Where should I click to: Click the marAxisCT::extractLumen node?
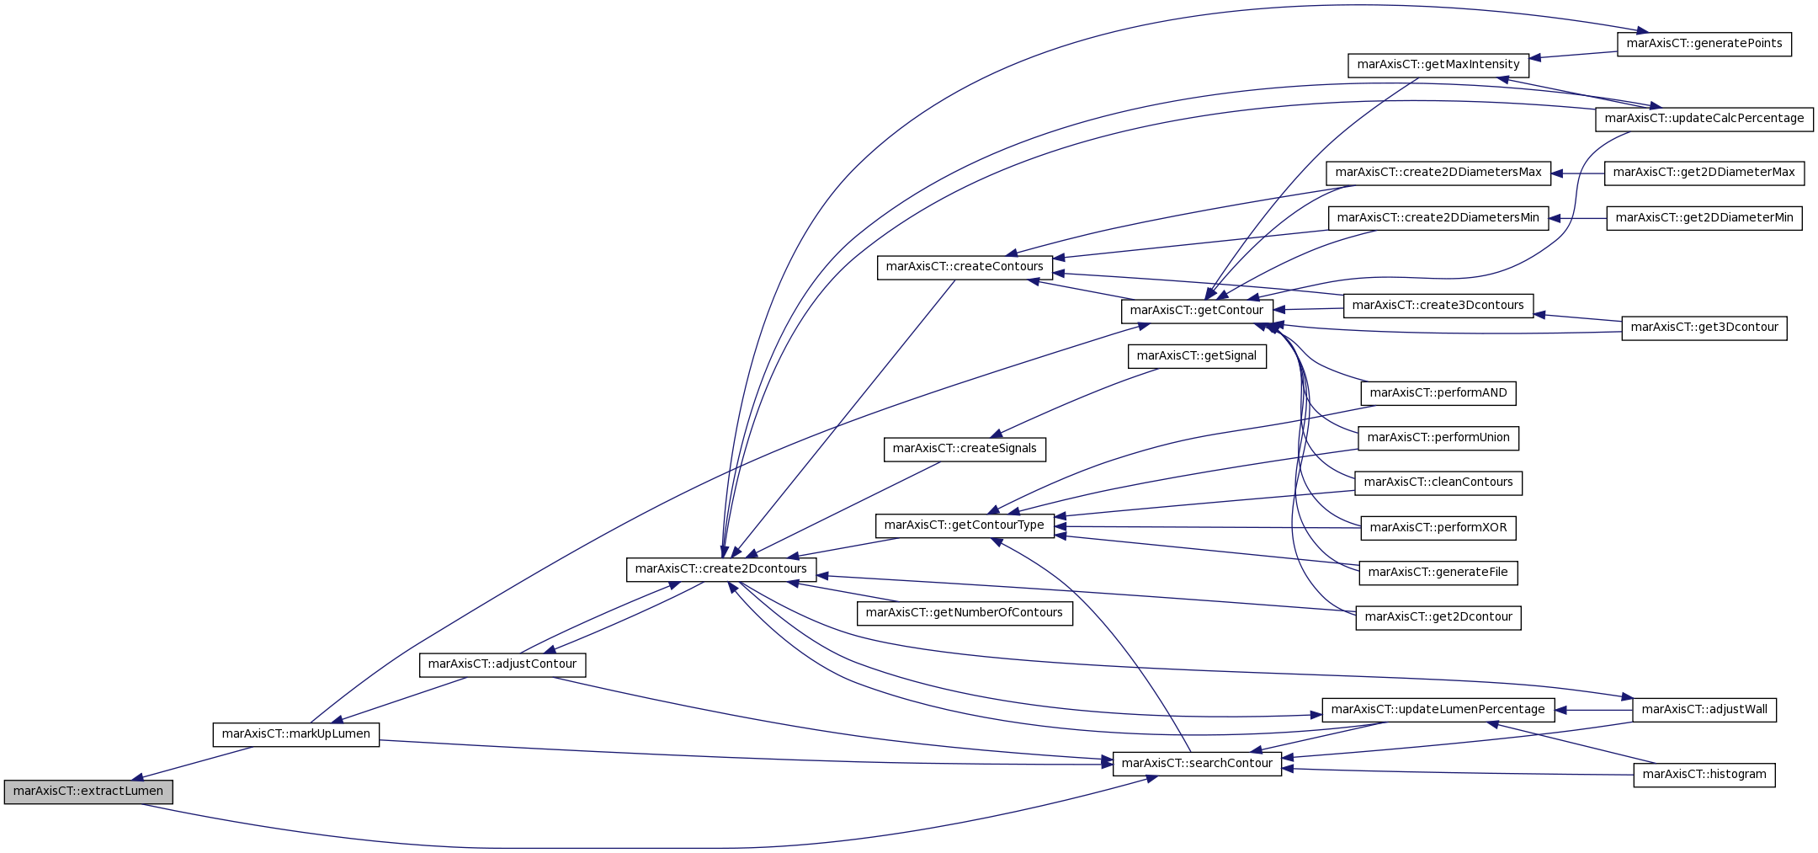click(x=88, y=792)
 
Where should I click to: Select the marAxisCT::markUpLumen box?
click(x=295, y=734)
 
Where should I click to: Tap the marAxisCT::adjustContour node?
click(x=502, y=664)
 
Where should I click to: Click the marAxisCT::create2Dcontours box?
click(x=721, y=569)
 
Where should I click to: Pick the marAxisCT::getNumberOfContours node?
click(x=965, y=613)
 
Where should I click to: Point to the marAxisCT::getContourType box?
click(x=965, y=525)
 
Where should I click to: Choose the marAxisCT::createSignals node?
click(x=965, y=449)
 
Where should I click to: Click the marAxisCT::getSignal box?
click(x=1197, y=356)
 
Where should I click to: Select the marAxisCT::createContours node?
click(x=965, y=267)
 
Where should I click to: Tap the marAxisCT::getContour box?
click(x=1197, y=311)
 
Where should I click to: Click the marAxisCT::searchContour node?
click(x=1197, y=764)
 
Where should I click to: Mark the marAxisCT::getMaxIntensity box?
click(x=1438, y=65)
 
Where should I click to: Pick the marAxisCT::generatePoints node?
click(x=1704, y=44)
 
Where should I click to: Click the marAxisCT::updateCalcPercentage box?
click(x=1704, y=119)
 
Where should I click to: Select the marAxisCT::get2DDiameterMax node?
click(x=1704, y=173)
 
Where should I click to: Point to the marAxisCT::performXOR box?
click(x=1438, y=528)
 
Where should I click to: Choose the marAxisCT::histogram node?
click(x=1704, y=775)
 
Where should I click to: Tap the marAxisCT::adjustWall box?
click(x=1704, y=710)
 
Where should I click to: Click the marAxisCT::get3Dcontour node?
click(x=1704, y=328)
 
